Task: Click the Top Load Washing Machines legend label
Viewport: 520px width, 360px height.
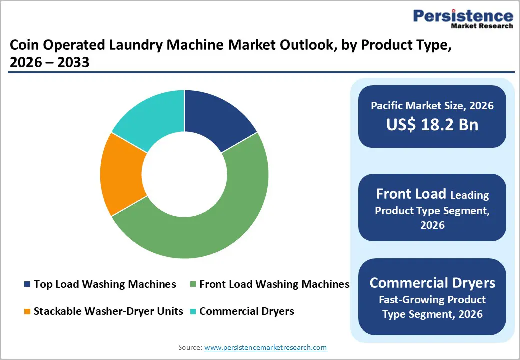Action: pyautogui.click(x=105, y=284)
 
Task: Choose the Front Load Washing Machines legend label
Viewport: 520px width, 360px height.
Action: pyautogui.click(x=274, y=284)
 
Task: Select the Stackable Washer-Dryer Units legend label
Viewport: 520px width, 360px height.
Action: pyautogui.click(x=108, y=311)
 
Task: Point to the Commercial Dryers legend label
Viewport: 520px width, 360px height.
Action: pyautogui.click(x=246, y=311)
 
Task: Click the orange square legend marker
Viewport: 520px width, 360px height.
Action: pyautogui.click(x=27, y=312)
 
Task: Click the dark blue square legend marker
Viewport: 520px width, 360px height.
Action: pyautogui.click(x=27, y=285)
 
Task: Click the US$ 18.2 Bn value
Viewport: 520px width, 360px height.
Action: pyautogui.click(x=432, y=125)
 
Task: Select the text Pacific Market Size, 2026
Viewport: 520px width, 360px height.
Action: pyautogui.click(x=432, y=106)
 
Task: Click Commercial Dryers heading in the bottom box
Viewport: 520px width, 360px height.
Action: pyautogui.click(x=432, y=283)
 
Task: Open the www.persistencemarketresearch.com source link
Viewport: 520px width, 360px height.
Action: pyautogui.click(x=265, y=347)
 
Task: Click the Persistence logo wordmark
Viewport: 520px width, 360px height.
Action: pyautogui.click(x=463, y=16)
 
